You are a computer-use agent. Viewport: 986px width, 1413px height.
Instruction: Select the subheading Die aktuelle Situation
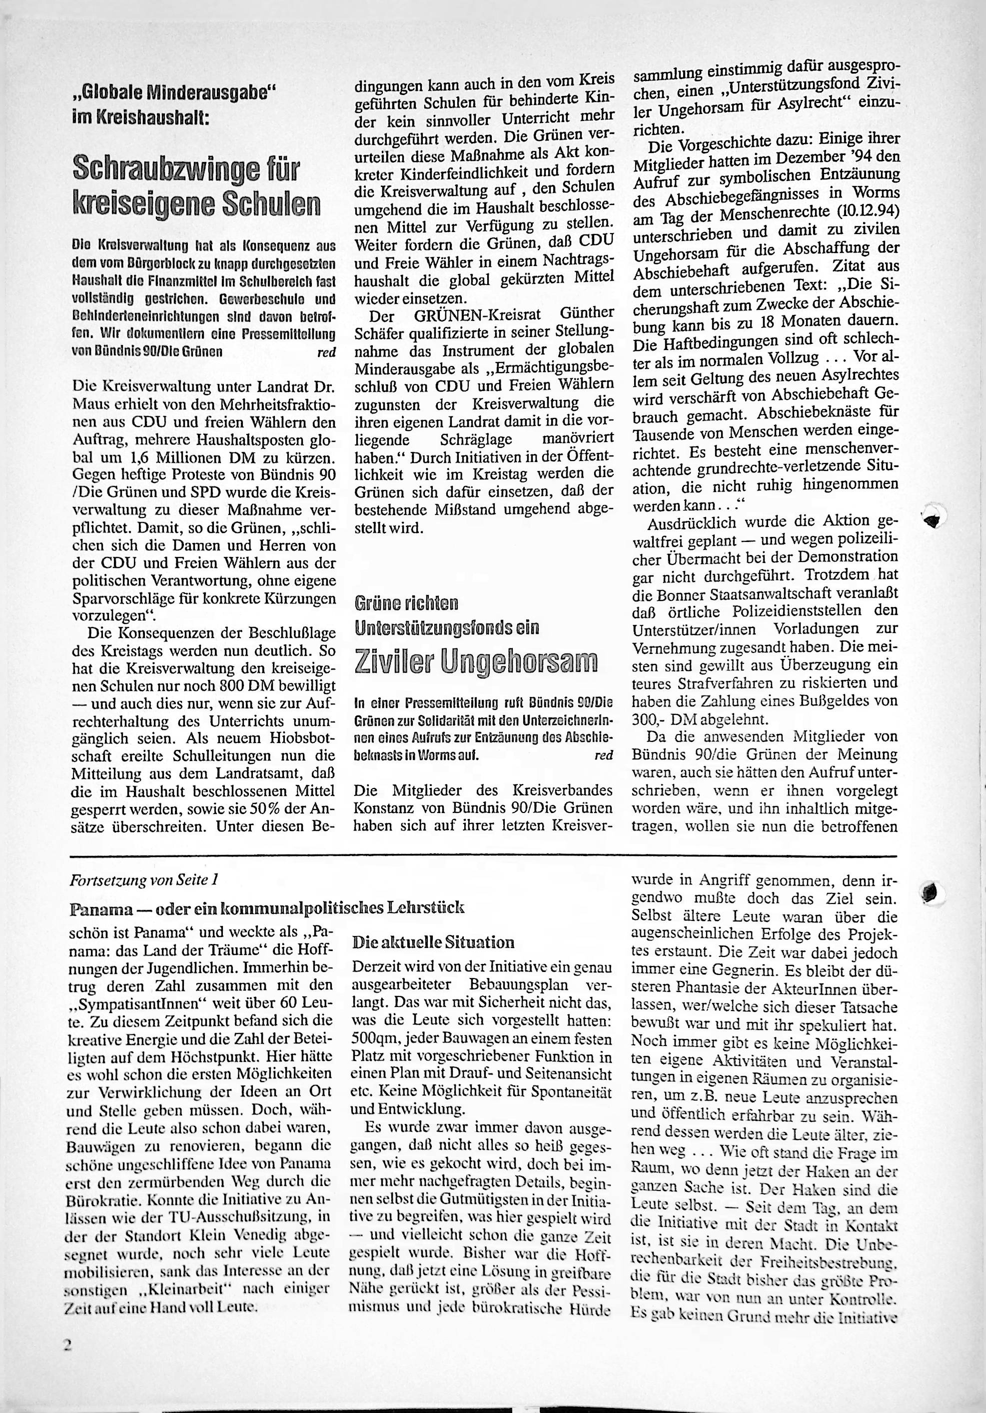pyautogui.click(x=433, y=942)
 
